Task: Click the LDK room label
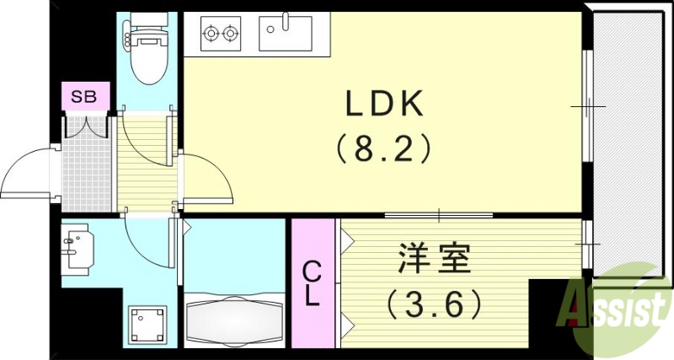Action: coord(383,105)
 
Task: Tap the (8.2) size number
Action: coord(383,149)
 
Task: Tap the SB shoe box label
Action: coord(83,96)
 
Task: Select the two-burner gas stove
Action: coord(220,35)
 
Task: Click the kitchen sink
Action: coord(286,35)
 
